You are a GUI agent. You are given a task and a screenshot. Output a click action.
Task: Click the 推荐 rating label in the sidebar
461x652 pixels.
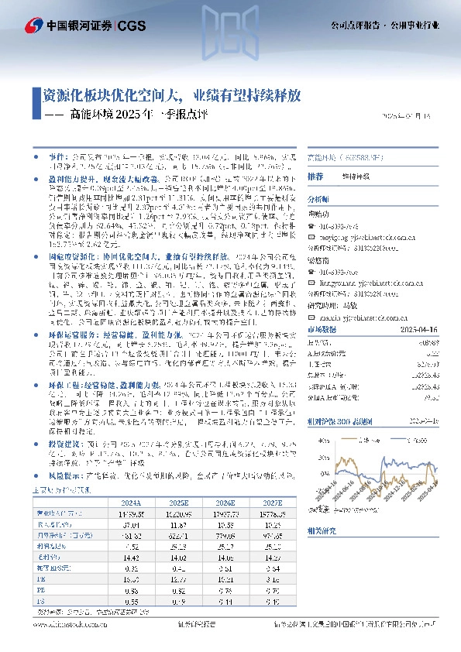click(x=315, y=177)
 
